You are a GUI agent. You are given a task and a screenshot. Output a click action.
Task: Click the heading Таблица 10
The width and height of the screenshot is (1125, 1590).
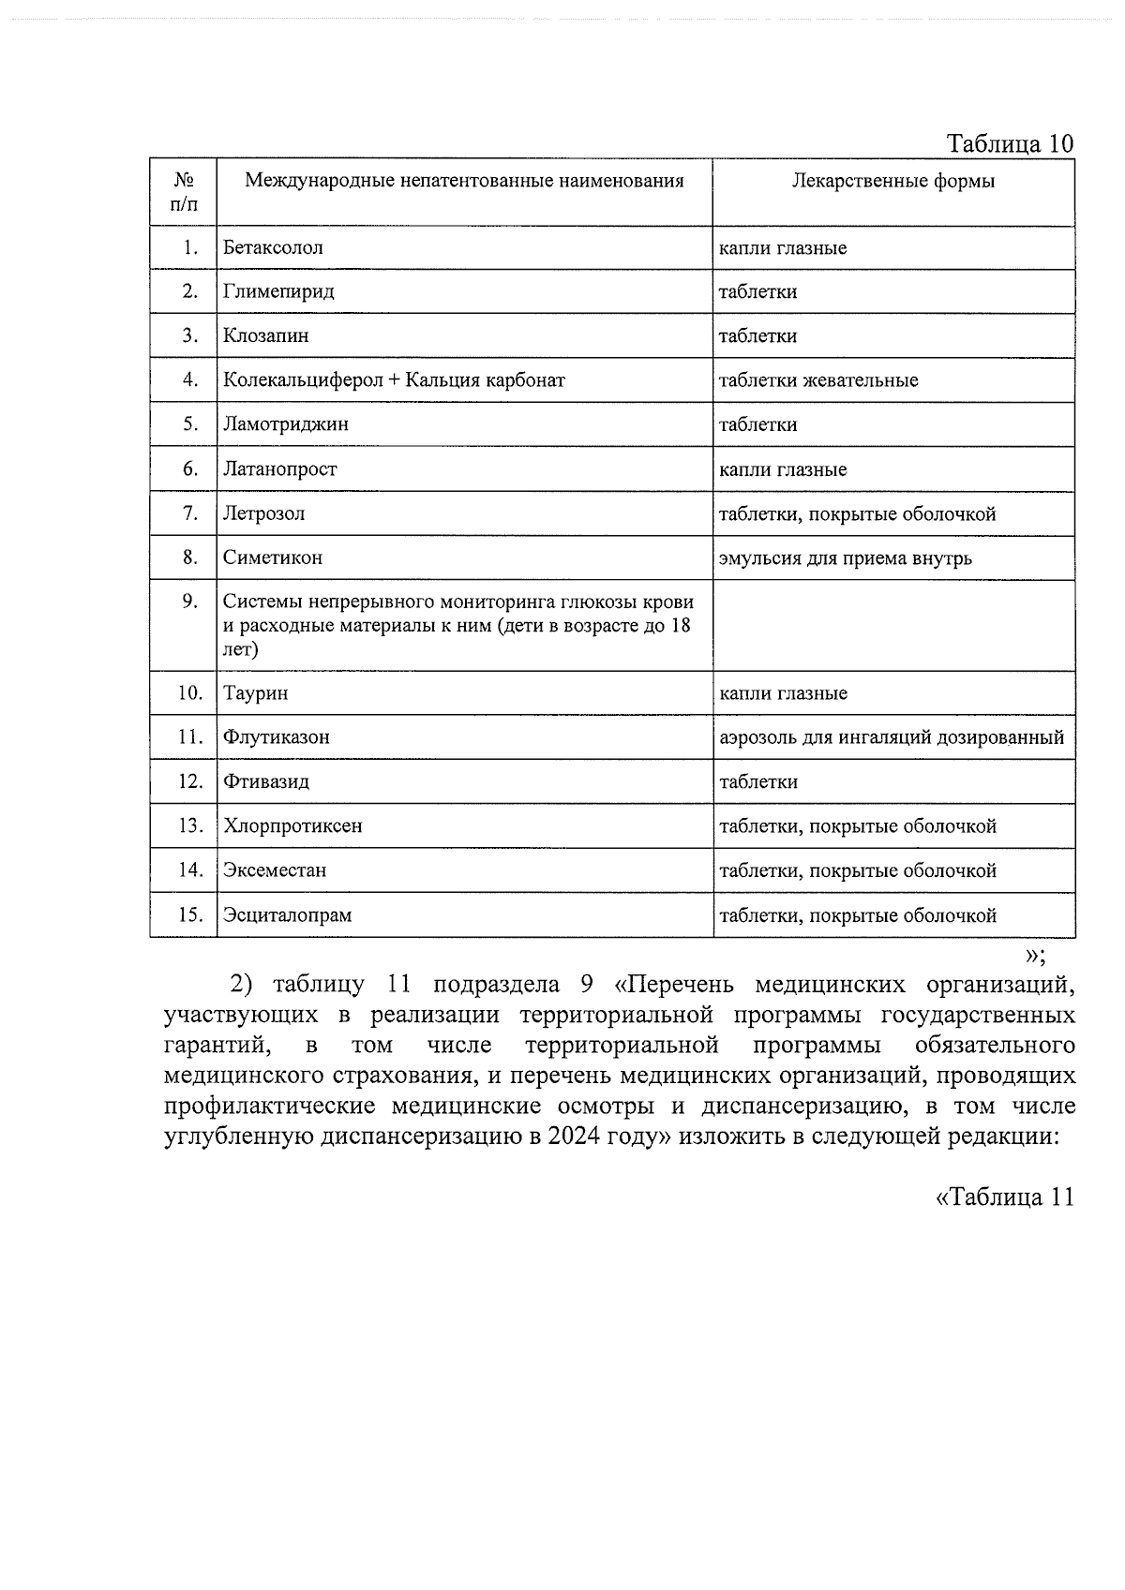[x=1009, y=143]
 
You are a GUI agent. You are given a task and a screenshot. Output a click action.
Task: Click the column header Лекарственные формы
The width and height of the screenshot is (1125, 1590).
[x=892, y=181]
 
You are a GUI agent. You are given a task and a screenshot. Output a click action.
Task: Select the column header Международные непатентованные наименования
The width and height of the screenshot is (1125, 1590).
[x=464, y=181]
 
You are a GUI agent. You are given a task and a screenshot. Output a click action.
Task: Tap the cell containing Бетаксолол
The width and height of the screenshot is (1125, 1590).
[x=273, y=247]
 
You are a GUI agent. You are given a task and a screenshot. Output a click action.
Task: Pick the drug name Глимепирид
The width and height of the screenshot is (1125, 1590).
[x=278, y=291]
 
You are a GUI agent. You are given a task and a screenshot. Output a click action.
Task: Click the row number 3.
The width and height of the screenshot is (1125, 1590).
[x=190, y=335]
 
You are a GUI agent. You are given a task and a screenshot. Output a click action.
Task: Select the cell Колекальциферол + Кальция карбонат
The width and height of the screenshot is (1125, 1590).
[x=394, y=380]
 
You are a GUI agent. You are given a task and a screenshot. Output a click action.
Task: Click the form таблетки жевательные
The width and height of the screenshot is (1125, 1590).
[x=817, y=380]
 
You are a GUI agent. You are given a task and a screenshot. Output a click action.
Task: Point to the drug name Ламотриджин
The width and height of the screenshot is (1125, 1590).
[x=285, y=424]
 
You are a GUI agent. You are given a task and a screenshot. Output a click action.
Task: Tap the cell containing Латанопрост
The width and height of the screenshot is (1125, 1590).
[x=279, y=469]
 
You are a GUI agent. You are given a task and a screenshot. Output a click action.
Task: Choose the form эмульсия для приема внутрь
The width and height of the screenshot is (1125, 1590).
[x=845, y=558]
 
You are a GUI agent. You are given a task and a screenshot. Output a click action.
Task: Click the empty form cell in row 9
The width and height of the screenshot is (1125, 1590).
[x=892, y=625]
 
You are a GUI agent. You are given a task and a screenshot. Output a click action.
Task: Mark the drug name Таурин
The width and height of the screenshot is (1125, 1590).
[x=255, y=693]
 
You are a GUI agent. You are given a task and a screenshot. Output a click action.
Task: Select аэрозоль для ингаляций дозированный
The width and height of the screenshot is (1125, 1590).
[x=891, y=737]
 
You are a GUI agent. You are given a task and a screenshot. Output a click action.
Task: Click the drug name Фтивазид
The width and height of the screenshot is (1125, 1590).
[x=265, y=781]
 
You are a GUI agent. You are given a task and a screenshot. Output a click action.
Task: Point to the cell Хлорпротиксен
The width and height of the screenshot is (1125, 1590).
[x=292, y=826]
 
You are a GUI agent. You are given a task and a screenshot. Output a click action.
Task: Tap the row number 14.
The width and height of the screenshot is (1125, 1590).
[x=190, y=870]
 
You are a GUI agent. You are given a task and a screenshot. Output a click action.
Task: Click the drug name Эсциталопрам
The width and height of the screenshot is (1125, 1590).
[x=287, y=915]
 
